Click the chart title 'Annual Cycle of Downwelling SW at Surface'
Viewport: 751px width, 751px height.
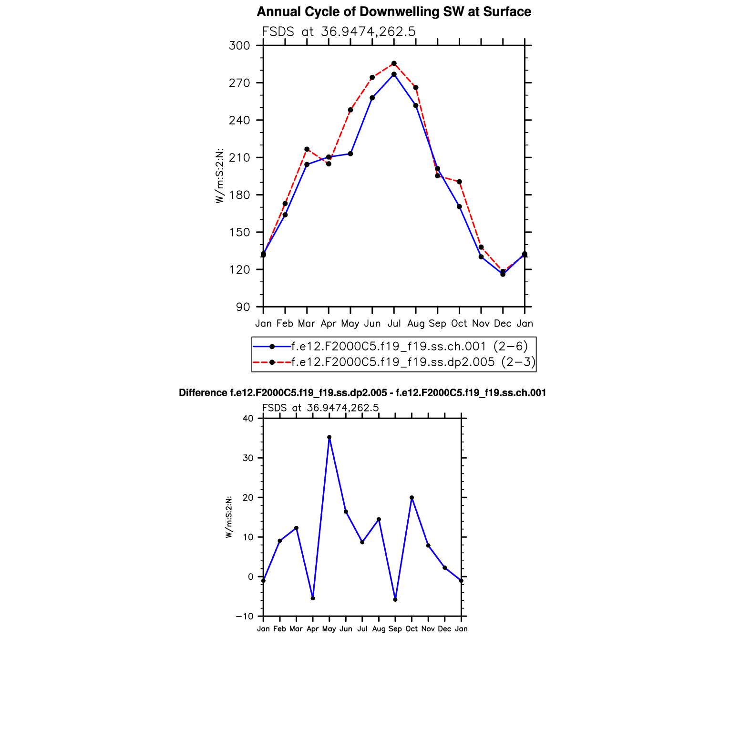394,12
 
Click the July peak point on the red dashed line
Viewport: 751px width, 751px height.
394,63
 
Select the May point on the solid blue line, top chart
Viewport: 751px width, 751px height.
350,154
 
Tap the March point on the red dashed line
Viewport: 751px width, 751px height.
307,149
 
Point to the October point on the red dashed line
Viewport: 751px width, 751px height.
459,182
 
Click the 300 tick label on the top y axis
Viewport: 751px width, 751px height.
239,46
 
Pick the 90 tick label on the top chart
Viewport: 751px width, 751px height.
243,307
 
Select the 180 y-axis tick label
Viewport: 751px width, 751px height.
239,195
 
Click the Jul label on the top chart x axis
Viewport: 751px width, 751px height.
394,324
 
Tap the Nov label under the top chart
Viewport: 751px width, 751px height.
481,324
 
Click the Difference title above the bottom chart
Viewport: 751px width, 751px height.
362,393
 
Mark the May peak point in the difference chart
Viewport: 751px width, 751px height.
329,437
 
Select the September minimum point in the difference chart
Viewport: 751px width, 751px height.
395,599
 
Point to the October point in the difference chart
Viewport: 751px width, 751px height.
412,498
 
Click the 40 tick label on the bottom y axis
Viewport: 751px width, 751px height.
248,419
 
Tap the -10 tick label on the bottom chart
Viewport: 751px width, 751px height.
245,617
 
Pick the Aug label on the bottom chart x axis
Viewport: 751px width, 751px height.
379,629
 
